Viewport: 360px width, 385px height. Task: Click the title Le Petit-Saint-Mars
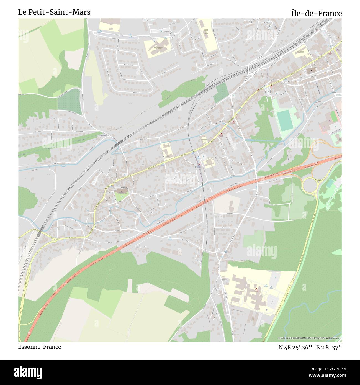click(x=54, y=12)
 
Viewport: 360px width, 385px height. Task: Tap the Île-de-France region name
click(x=316, y=13)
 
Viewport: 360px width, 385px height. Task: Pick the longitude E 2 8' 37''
click(x=329, y=347)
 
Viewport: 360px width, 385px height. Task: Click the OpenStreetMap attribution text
click(x=310, y=338)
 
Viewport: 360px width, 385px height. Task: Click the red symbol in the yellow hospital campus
click(x=256, y=289)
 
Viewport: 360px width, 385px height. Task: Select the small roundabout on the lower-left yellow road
click(x=55, y=240)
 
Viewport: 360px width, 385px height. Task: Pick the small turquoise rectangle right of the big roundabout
click(x=330, y=183)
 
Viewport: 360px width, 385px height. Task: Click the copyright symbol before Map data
click(x=279, y=338)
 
